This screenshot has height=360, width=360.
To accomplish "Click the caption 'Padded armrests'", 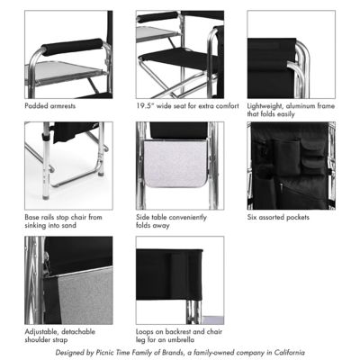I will tap(51, 105).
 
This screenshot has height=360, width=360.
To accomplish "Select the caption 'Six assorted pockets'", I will tap(278, 217).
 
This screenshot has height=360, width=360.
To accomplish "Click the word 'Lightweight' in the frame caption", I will tap(267, 105).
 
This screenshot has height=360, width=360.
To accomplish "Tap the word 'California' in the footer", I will tap(286, 352).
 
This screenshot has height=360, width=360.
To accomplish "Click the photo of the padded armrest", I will tap(67, 55).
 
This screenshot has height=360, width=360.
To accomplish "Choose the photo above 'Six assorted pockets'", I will tap(291, 166).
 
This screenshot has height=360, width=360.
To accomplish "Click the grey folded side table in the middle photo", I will tap(179, 171).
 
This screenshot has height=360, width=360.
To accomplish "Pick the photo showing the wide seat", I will tap(179, 55).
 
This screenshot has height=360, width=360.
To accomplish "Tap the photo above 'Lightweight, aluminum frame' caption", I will tap(291, 55).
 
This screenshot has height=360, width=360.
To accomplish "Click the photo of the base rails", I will tap(67, 166).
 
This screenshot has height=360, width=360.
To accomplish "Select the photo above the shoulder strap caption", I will tap(67, 280).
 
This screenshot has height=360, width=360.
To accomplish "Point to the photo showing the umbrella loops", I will tap(179, 280).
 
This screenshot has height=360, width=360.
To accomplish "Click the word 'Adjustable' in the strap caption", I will tap(44, 332).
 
